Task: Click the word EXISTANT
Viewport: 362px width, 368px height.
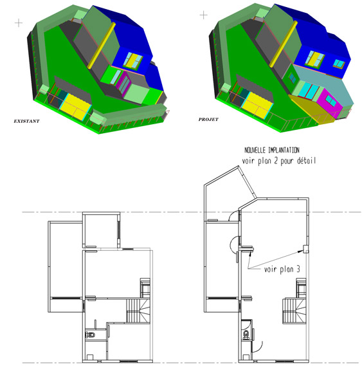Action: click(26, 121)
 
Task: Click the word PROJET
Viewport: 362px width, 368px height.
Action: click(208, 119)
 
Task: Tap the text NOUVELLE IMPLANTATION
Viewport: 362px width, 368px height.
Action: click(272, 150)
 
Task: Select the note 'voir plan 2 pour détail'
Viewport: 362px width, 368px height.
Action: click(278, 161)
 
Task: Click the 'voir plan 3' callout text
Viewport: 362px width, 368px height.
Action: click(282, 269)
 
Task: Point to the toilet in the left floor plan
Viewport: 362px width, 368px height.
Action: click(90, 335)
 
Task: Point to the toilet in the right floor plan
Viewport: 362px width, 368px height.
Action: click(246, 335)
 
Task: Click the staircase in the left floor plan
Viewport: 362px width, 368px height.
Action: click(138, 310)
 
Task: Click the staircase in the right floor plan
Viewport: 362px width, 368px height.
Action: click(294, 311)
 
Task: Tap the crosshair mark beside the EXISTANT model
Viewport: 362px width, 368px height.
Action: click(19, 23)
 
